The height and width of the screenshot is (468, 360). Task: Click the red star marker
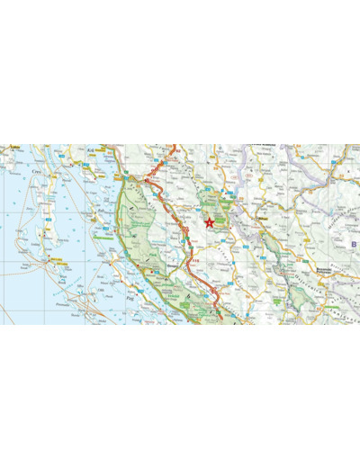click(x=211, y=221)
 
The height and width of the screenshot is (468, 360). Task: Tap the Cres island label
click(x=37, y=167)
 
